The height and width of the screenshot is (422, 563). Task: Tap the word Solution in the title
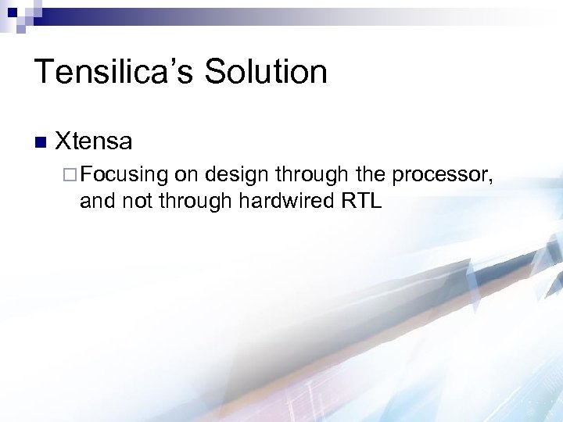(x=266, y=72)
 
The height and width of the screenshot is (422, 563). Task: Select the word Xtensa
(x=94, y=141)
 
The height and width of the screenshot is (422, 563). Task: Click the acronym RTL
(x=361, y=202)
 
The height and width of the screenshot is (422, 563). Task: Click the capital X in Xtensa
(x=63, y=141)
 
